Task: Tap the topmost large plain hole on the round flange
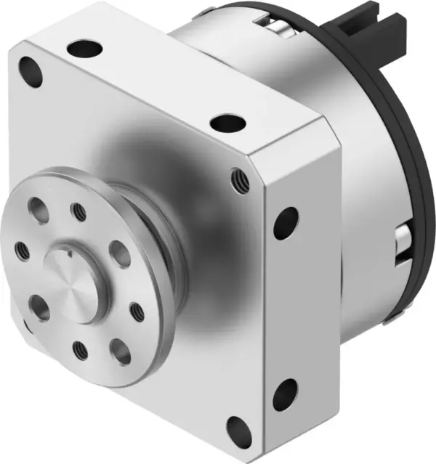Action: coord(39,211)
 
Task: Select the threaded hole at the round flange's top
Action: coord(78,211)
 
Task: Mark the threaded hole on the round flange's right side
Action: coord(136,312)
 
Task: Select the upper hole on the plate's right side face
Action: coord(285,223)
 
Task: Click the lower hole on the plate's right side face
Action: coord(285,394)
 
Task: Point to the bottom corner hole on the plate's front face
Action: coord(237,428)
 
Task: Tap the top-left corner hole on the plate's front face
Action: coord(31,71)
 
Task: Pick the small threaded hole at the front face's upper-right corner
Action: coord(236,178)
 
